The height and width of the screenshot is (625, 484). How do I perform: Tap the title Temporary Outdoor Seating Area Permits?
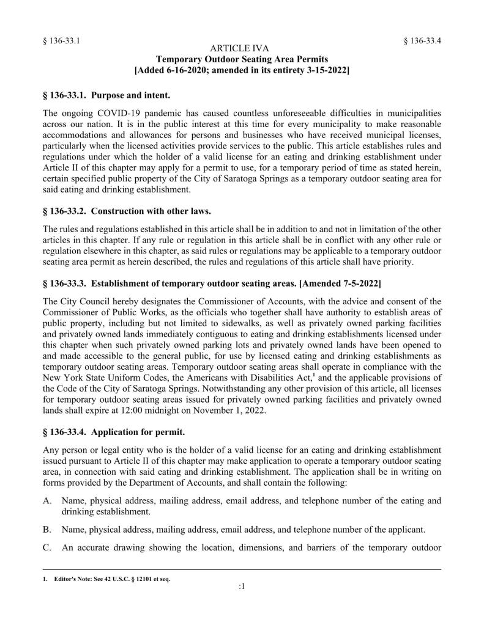[242, 59]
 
